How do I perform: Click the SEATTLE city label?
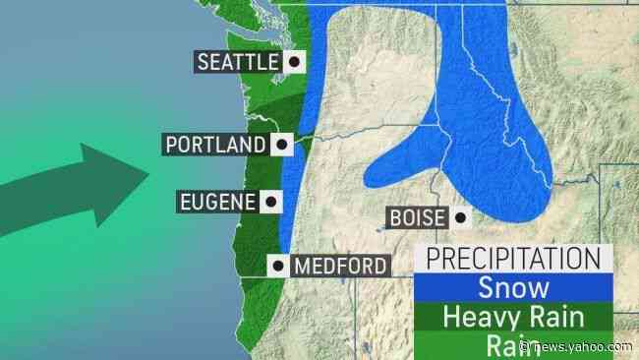click(x=238, y=62)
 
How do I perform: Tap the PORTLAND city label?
click(x=215, y=145)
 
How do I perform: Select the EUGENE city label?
click(x=217, y=203)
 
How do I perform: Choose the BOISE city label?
click(x=418, y=218)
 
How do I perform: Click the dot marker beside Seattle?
click(x=292, y=62)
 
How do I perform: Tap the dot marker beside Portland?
click(x=281, y=145)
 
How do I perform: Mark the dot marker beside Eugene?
click(x=269, y=203)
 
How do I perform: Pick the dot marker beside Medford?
click(x=279, y=266)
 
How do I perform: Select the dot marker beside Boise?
click(x=458, y=218)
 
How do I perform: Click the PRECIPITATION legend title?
click(x=512, y=259)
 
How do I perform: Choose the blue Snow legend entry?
click(x=512, y=288)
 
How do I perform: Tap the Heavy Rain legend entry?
click(x=512, y=318)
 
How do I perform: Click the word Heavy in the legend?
click(x=475, y=318)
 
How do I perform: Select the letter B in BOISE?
click(x=394, y=218)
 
